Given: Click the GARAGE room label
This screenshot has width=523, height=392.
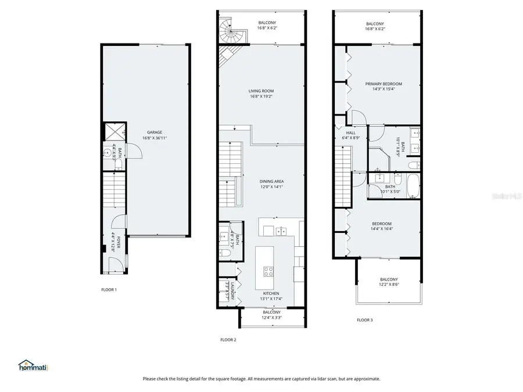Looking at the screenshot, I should pos(154,132).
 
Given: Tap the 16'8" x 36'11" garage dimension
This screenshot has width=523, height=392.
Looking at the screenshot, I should pos(154,138).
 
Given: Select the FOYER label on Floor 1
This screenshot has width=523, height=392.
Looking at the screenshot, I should pos(119,242).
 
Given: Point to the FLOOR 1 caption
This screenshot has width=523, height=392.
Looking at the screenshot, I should pos(109,289).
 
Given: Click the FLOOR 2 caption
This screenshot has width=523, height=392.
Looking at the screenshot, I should pos(228,340).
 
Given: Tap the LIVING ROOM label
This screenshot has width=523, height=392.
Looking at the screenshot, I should pos(261,91).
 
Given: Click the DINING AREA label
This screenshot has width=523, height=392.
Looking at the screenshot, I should pos(271,181).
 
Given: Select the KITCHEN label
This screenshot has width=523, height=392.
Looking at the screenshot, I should pos(271,294).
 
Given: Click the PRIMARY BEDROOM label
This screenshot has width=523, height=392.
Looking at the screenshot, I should pos(383,84).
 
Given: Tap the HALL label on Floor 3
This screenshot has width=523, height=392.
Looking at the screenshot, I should pos(350,132).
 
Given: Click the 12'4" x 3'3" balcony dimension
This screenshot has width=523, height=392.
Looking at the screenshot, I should pos(271,318).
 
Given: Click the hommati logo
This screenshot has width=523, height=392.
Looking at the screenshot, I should pos(33,366).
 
